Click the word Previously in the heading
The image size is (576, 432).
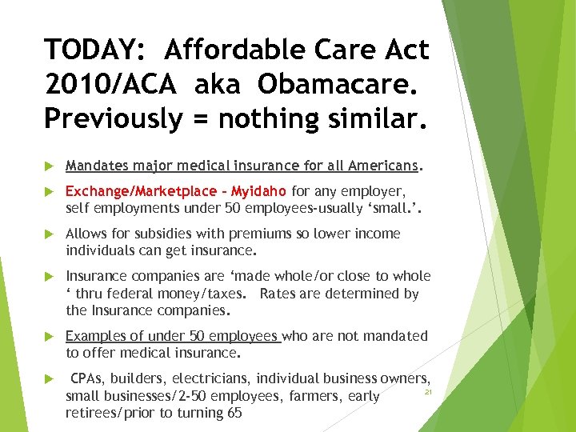tap(113, 118)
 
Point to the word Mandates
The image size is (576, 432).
tap(97, 166)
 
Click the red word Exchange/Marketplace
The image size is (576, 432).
tap(140, 192)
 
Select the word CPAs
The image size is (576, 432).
tap(88, 378)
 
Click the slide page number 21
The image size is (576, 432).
tap(428, 394)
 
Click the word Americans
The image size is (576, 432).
tap(384, 166)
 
